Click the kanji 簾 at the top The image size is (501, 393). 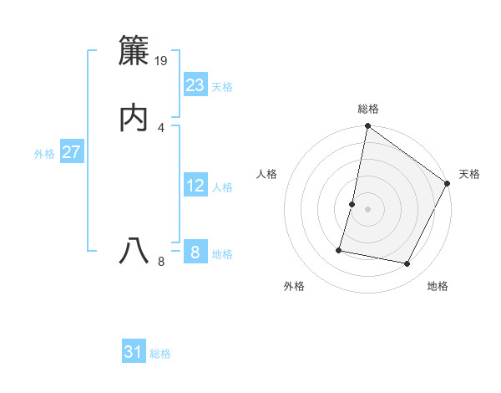tap(134, 52)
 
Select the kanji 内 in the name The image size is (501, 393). tap(134, 119)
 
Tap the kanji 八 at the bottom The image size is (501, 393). tap(134, 251)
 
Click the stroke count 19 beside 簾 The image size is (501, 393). tap(162, 60)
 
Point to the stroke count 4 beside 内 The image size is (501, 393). tap(161, 127)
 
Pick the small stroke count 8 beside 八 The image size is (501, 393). tap(161, 262)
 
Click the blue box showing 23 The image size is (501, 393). tap(195, 84)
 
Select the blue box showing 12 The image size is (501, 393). tap(195, 185)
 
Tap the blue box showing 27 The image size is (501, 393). tap(71, 152)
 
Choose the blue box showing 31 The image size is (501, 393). tap(134, 352)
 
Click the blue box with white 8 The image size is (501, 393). tap(195, 252)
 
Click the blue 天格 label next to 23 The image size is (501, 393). tap(222, 87)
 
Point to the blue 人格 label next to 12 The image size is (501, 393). tap(222, 187)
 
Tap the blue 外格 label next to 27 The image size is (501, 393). tap(44, 154)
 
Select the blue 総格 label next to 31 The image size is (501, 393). tap(160, 354)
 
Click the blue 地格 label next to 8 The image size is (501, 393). tap(222, 254)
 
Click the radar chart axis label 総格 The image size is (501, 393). tap(368, 109)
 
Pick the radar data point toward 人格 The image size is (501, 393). tap(352, 204)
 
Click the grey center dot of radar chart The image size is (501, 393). tap(367, 209)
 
